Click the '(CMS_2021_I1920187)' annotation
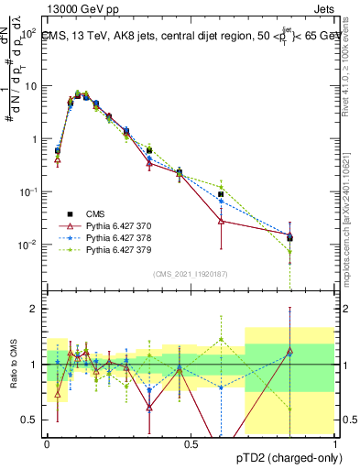(x=191, y=274)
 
